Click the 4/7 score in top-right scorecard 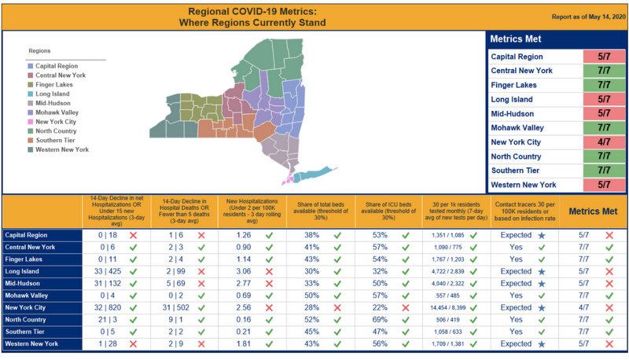point(604,142)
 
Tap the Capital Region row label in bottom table point(27,235)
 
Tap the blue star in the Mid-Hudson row point(542,283)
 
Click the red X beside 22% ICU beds point(405,307)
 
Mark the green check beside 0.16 point(270,320)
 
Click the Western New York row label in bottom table point(31,344)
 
